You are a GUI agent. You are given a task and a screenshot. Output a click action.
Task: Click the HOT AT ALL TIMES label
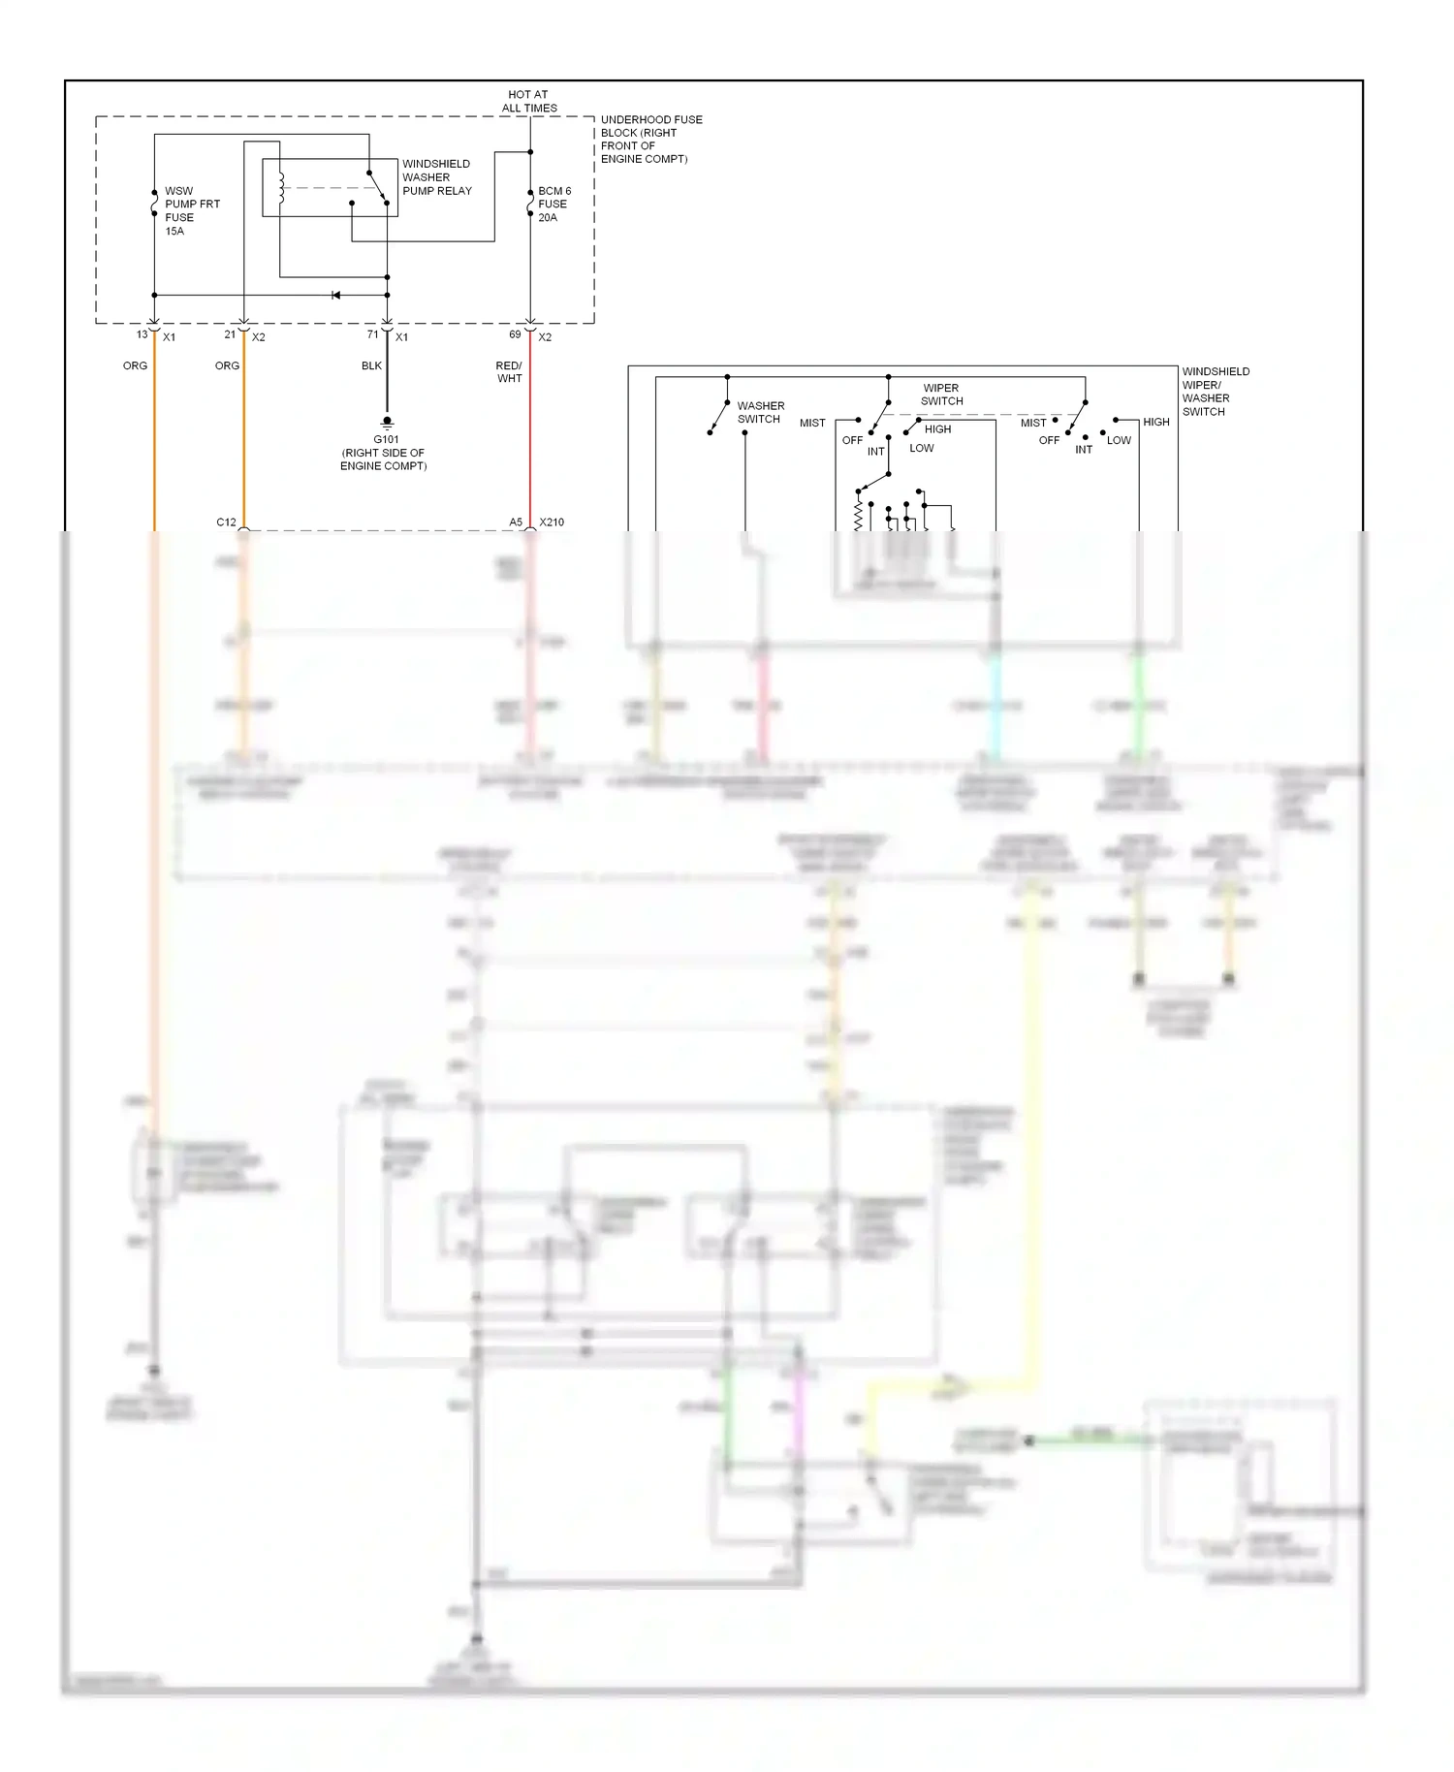(529, 102)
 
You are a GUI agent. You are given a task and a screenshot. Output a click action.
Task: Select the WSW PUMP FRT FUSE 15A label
(191, 211)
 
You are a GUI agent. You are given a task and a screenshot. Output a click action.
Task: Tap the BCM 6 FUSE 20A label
(554, 205)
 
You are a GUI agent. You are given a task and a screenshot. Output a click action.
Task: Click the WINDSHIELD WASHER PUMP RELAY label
(436, 177)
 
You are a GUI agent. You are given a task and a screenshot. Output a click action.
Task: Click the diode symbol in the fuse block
(335, 295)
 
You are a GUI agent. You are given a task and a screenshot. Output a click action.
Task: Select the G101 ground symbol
(387, 423)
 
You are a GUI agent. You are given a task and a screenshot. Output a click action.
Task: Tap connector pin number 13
(142, 334)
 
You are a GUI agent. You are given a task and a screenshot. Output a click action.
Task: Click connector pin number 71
(372, 334)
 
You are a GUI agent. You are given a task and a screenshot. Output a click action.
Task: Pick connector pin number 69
(515, 334)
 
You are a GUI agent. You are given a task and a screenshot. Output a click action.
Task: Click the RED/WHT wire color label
(509, 372)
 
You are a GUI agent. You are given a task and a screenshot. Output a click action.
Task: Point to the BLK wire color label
(371, 366)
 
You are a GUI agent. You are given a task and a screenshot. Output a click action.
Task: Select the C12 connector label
(226, 522)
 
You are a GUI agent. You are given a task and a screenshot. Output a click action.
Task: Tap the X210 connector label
(552, 522)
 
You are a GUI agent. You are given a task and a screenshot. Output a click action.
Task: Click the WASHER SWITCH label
(760, 413)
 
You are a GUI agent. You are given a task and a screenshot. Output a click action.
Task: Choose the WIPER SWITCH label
(941, 395)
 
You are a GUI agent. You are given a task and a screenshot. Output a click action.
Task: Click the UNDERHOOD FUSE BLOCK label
(650, 140)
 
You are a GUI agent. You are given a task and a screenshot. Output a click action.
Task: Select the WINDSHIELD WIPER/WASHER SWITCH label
(1215, 392)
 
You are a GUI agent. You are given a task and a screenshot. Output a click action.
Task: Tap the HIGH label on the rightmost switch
(1155, 423)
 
